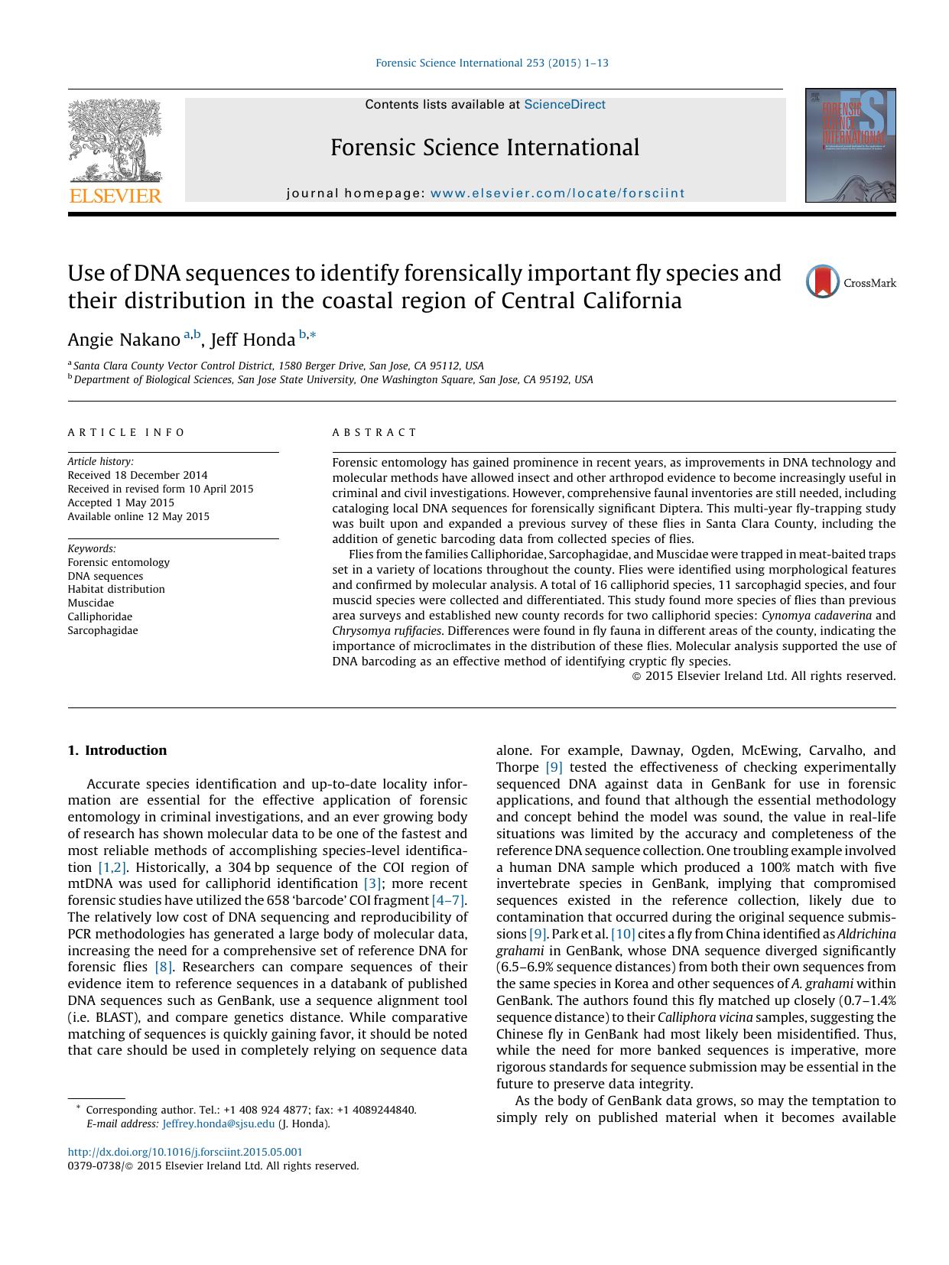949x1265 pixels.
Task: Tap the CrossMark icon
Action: click(823, 282)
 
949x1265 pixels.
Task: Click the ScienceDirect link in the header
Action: click(564, 105)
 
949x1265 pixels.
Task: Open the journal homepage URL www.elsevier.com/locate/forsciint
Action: click(557, 193)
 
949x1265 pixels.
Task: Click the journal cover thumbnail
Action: click(850, 145)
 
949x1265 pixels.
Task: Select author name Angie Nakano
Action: click(123, 340)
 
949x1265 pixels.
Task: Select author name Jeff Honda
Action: click(252, 340)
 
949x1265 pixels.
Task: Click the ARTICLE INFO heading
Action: click(126, 432)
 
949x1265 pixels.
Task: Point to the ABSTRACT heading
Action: click(375, 432)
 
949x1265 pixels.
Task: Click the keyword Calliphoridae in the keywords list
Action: click(99, 616)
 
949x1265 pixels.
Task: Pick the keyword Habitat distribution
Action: click(116, 589)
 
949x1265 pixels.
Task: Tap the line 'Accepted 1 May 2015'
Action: click(121, 502)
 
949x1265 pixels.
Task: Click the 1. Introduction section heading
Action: click(117, 750)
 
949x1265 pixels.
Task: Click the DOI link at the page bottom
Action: click(185, 1152)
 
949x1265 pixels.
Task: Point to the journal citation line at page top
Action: click(492, 63)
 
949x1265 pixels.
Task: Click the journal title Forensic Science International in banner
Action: click(485, 148)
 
